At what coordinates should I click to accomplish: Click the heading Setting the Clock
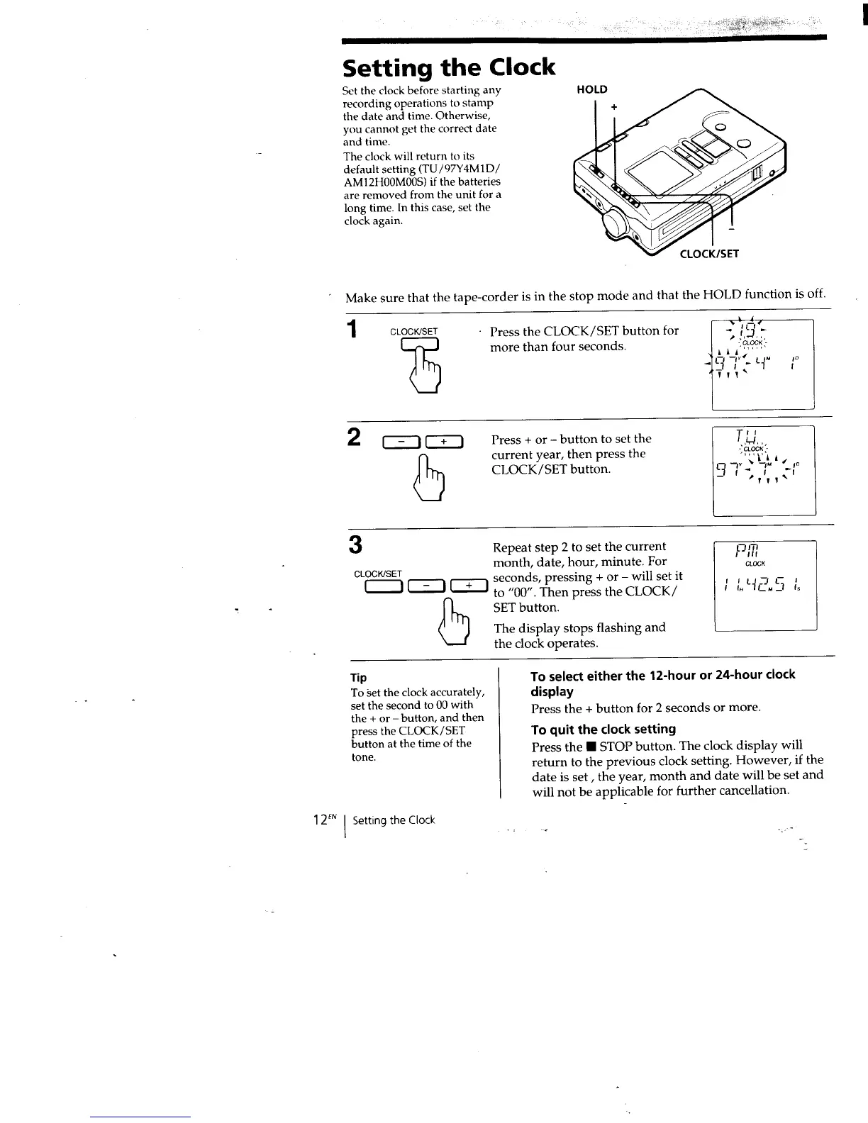coord(448,67)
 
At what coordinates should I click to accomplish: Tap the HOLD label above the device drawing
coord(592,89)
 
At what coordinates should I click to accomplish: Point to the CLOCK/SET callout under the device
coord(709,253)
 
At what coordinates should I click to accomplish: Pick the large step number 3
coord(356,545)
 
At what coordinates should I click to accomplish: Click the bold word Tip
coord(359,677)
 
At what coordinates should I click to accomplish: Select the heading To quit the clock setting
coord(603,729)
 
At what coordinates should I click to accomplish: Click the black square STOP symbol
coord(589,747)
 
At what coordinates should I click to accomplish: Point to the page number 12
coord(318,820)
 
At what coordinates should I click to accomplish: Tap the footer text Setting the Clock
coord(394,820)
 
